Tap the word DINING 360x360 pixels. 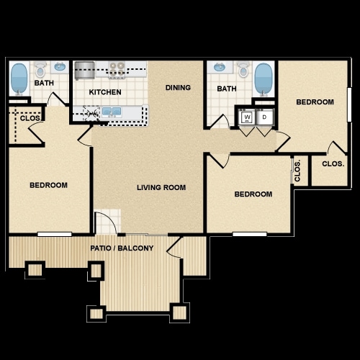point(178,88)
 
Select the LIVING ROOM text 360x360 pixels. point(161,188)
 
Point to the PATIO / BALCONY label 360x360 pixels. point(122,249)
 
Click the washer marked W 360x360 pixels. point(247,117)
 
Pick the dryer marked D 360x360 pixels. point(264,117)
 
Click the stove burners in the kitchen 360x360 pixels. point(117,70)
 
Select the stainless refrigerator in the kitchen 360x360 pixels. point(85,70)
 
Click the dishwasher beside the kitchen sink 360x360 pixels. point(91,112)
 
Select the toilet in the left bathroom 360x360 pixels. point(40,71)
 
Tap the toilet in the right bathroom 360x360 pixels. point(243,71)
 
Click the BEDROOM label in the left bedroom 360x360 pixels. point(48,185)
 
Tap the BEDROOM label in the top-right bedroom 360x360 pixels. point(315,102)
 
